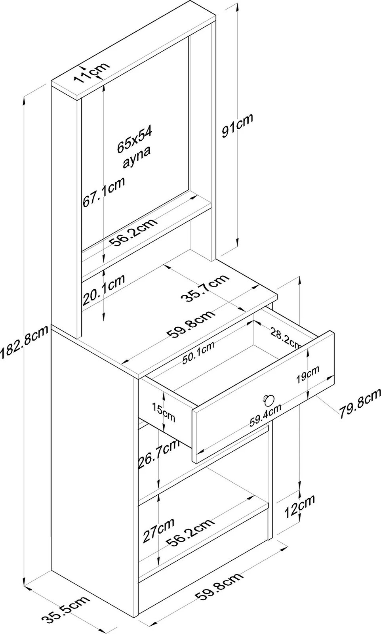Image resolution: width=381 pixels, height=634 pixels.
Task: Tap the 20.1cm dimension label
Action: [103, 290]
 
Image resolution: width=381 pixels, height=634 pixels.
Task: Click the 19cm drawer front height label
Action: [307, 373]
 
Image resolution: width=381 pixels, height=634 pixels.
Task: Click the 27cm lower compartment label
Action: [158, 531]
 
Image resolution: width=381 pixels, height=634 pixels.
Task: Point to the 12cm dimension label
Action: [299, 506]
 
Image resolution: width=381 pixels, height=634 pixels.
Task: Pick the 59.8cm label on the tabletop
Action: [192, 325]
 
